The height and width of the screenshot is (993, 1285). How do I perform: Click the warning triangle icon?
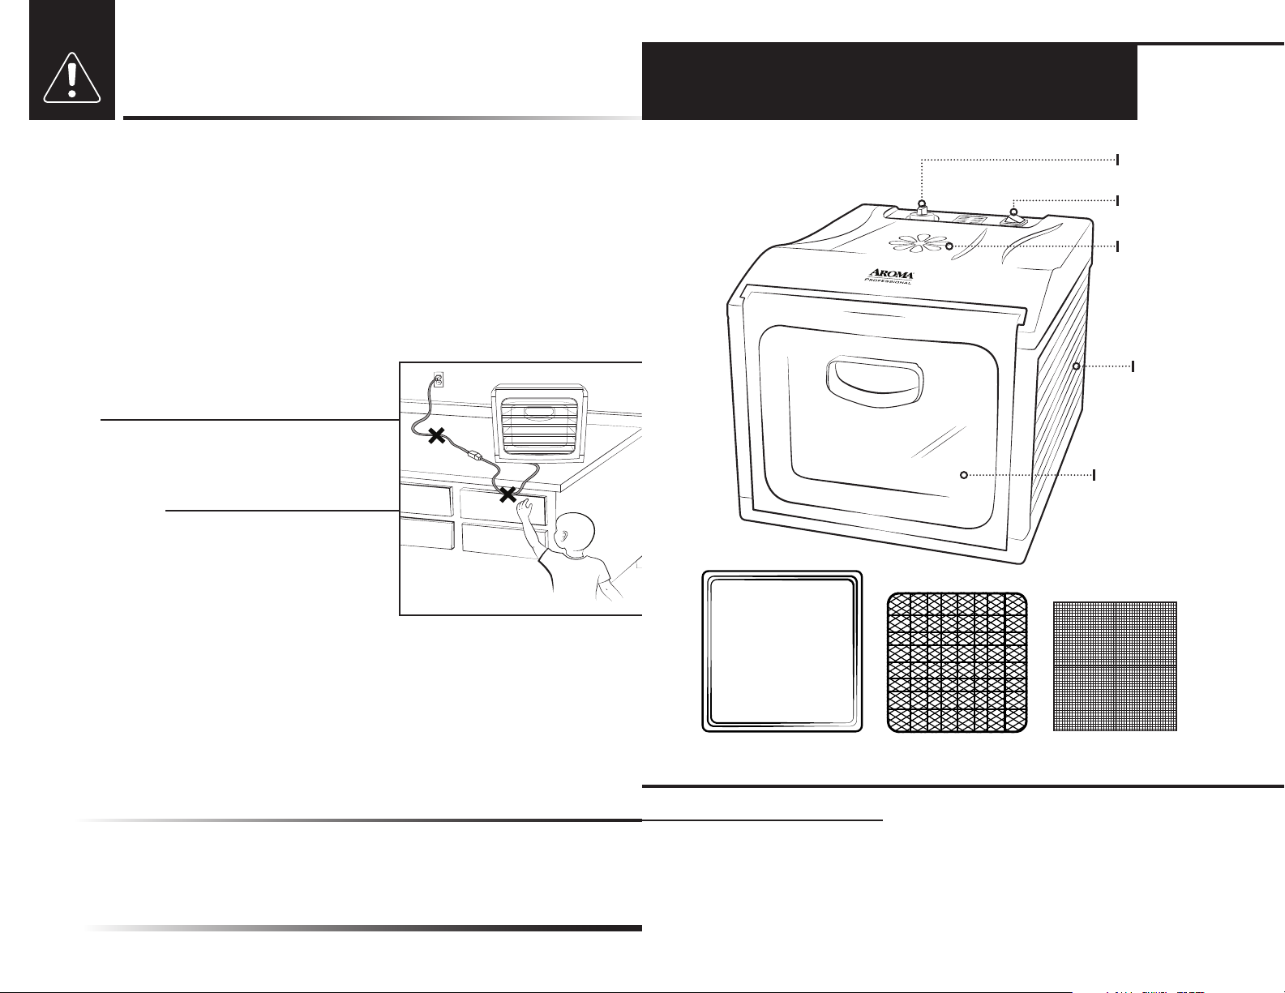(x=71, y=78)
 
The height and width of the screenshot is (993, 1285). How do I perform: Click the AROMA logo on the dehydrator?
(x=891, y=274)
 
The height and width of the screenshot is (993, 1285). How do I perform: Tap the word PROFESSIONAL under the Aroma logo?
(x=888, y=281)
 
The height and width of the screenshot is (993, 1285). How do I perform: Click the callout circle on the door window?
(x=964, y=475)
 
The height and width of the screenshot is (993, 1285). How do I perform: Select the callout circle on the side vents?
(x=1077, y=366)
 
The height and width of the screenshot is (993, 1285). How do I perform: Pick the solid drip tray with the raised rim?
(x=782, y=652)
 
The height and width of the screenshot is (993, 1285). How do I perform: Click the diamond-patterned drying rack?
(x=957, y=662)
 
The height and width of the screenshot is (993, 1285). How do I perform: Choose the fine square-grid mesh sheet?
(x=1115, y=666)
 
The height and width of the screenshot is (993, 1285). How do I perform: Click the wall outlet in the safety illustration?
(x=438, y=379)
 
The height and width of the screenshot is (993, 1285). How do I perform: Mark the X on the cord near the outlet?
(x=436, y=437)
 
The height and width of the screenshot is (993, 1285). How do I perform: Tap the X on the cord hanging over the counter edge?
(x=508, y=494)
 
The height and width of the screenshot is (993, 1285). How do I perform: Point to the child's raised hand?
(x=525, y=507)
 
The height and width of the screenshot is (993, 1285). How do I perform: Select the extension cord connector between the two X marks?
(x=476, y=456)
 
